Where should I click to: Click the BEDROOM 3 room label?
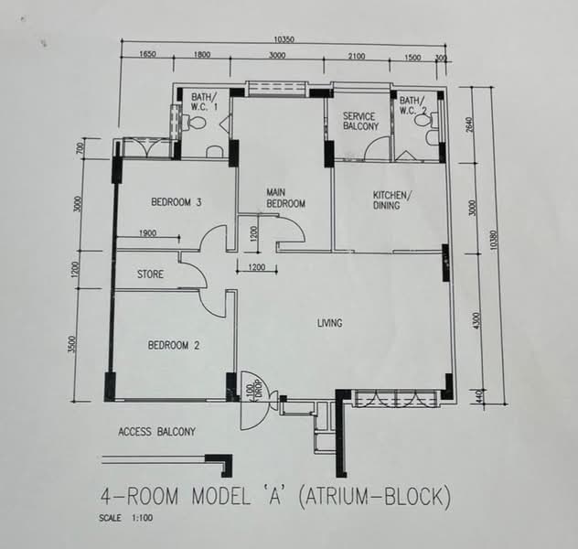tap(177, 202)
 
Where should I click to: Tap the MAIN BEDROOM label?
tap(285, 198)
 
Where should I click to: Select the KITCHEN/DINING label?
tap(390, 200)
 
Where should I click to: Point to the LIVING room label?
tap(330, 323)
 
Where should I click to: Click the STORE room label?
tap(150, 274)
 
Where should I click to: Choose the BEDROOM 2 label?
tap(174, 345)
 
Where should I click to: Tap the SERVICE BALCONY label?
tap(360, 122)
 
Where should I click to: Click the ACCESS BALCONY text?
tap(156, 431)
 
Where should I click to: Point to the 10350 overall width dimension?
tap(284, 39)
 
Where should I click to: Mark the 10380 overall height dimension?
tap(495, 240)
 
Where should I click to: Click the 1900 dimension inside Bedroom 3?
tap(147, 233)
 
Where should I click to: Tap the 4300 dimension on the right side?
tap(476, 321)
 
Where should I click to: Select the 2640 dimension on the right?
tap(469, 125)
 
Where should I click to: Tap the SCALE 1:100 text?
tap(125, 518)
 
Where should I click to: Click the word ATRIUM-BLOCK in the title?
tap(373, 496)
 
